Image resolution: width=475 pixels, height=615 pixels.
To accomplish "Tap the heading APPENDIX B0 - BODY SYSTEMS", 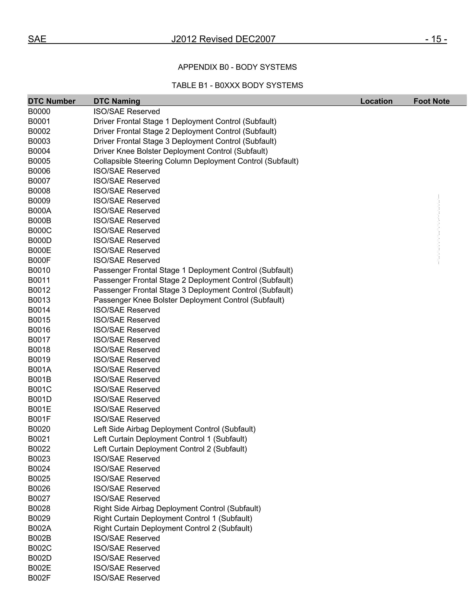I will tap(237, 67).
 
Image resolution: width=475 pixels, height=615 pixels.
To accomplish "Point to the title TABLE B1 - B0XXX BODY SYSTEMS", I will tap(237, 85).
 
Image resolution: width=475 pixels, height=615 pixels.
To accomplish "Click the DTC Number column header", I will tap(52, 101).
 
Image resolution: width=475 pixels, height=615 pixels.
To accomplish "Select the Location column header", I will tap(376, 101).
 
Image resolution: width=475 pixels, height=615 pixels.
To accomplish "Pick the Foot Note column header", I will tap(431, 101).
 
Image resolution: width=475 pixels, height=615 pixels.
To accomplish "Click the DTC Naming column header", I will tap(117, 101).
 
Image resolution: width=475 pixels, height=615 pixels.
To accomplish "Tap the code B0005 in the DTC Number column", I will tap(39, 161).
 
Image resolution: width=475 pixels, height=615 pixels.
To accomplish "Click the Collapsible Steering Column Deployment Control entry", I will tap(196, 161).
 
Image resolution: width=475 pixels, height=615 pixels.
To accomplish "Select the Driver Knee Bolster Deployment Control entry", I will tap(180, 151).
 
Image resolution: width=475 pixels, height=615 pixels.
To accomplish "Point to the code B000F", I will tap(39, 260).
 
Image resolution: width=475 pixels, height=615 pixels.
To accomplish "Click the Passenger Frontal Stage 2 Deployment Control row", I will tap(193, 280).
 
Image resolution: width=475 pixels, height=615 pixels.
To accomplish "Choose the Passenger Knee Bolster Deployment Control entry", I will tap(189, 300).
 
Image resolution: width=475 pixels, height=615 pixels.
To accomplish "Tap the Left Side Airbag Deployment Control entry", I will tap(174, 429).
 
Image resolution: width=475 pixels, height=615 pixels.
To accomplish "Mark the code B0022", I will tap(39, 449).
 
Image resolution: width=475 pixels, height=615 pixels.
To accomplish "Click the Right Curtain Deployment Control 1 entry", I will tap(173, 518).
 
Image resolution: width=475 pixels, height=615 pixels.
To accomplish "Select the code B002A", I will tap(39, 528).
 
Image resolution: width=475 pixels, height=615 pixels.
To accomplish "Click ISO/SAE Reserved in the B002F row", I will tap(127, 578).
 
